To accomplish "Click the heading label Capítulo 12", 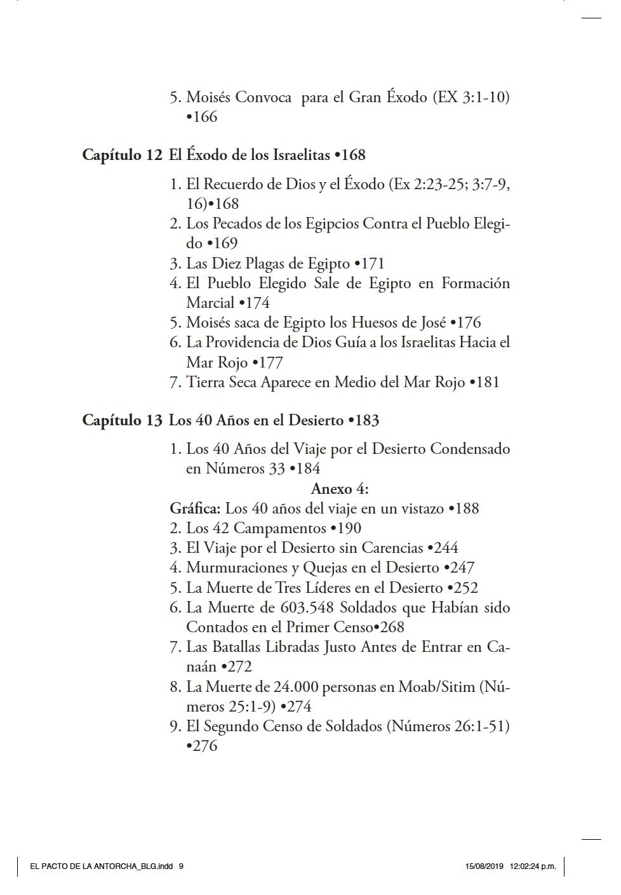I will click(122, 155).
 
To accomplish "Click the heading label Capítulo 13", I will click(122, 420).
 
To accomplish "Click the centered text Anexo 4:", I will click(340, 489).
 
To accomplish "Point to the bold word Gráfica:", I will click(195, 508).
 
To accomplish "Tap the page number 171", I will click(371, 263).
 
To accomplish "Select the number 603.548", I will click(307, 607).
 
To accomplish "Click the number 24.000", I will click(295, 687).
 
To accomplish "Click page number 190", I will click(348, 528).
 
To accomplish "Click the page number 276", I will click(204, 746).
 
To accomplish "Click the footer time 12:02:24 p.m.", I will click(533, 866).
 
